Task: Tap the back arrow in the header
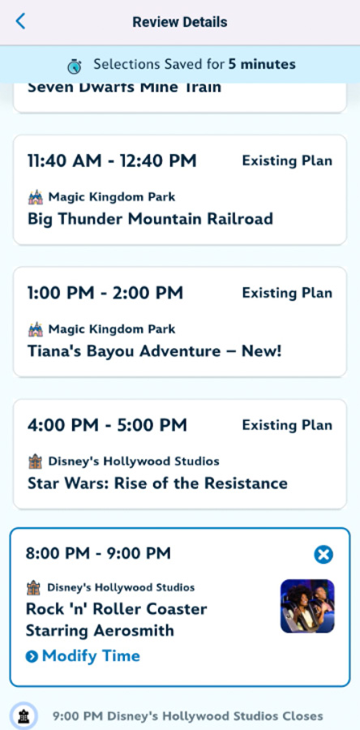pos(20,21)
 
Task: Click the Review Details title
pos(179,22)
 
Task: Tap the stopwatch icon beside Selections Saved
pos(75,65)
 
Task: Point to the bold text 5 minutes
pos(262,64)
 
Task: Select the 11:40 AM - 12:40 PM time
pos(112,161)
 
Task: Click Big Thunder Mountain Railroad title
pos(150,218)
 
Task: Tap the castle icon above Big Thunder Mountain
pos(36,197)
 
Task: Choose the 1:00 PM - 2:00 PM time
pos(105,294)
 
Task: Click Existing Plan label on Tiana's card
pos(287,294)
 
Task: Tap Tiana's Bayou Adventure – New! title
pos(154,350)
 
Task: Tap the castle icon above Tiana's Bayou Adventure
pos(36,329)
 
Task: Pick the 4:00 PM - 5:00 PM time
pos(108,425)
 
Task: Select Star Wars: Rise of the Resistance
pos(157,483)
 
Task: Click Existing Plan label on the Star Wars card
pos(287,426)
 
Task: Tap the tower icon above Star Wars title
pos(36,462)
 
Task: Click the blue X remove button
pos(324,555)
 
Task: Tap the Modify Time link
pos(83,656)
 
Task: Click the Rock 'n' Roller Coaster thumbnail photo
pos(307,606)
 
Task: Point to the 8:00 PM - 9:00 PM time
pos(99,553)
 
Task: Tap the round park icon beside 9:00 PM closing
pos(24,716)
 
